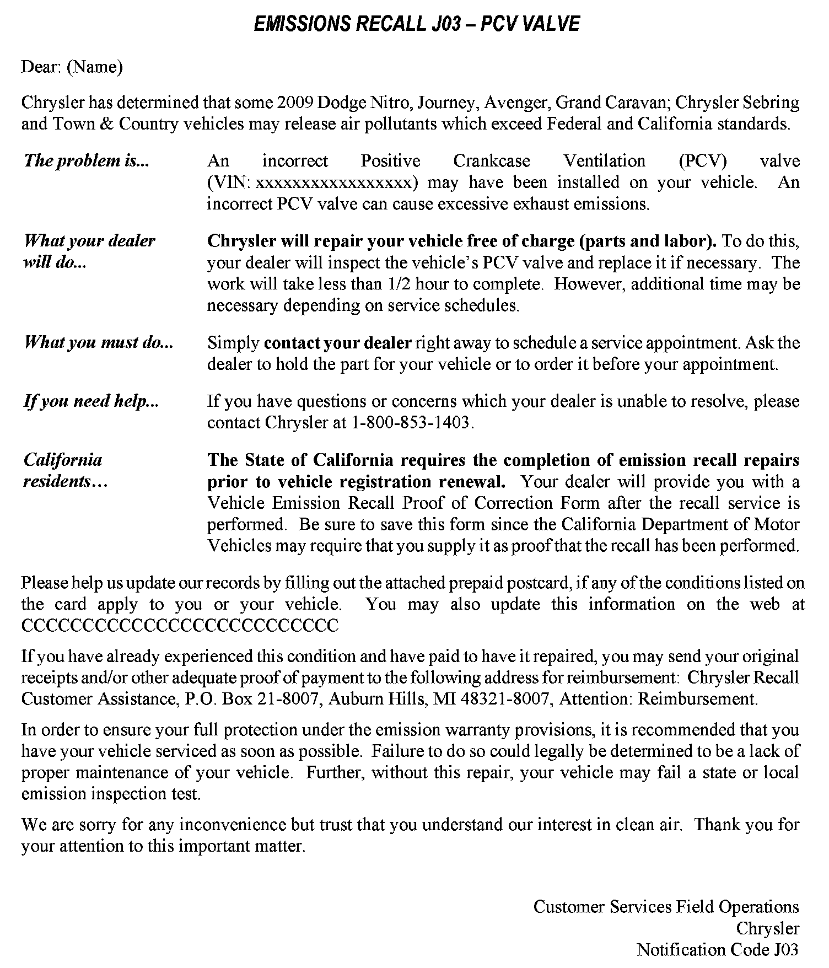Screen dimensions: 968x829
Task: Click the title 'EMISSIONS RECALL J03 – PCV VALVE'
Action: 416,24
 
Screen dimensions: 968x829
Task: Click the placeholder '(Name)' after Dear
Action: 94,67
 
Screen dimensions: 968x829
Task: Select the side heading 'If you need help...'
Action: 91,401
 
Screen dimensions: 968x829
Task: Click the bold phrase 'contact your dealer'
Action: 338,343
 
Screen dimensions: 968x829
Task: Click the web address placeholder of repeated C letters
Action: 180,626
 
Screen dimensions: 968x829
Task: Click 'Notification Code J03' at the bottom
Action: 717,949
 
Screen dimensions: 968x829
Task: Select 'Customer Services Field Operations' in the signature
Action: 666,906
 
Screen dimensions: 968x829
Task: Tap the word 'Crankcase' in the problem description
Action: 492,161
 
